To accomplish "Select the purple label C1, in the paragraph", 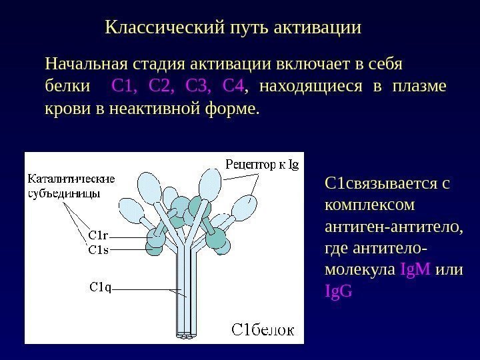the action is click(x=125, y=86).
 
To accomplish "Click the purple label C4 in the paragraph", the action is click(x=233, y=86).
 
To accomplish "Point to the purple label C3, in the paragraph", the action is click(x=198, y=86).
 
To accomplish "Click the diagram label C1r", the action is click(x=99, y=235).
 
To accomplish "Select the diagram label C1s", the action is click(x=99, y=251).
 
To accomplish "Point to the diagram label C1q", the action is click(x=100, y=287).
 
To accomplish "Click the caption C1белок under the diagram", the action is click(x=263, y=330).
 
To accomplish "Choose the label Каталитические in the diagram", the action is click(x=71, y=179).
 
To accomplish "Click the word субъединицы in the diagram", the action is click(x=65, y=194).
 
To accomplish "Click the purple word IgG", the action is click(x=337, y=291).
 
